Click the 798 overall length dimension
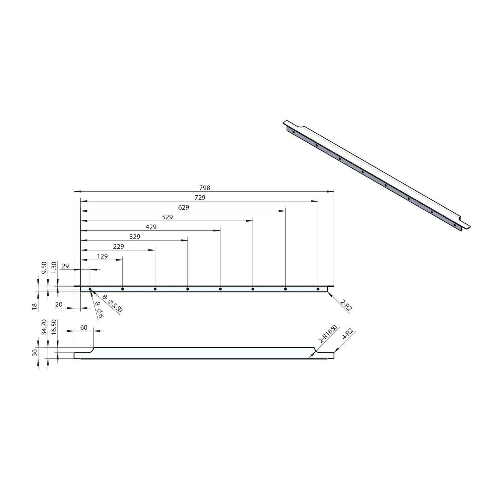point(204,188)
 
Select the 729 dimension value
point(200,198)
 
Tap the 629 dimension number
point(184,208)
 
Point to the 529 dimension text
point(167,217)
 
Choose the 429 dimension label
point(151,227)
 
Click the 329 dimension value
point(135,237)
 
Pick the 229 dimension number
point(119,247)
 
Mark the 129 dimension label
point(102,256)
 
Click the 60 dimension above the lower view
point(84,327)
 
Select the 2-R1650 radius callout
point(327,335)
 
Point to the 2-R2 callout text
point(346,306)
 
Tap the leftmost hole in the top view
point(90,289)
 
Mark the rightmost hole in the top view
point(318,289)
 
